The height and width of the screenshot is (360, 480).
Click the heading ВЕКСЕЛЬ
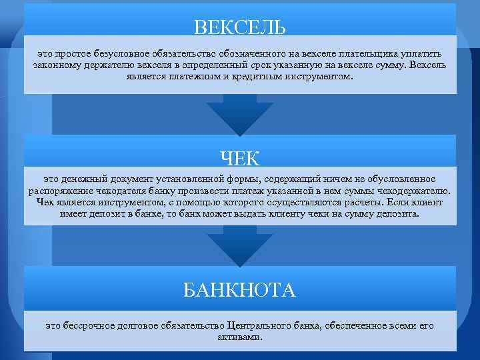pyautogui.click(x=240, y=27)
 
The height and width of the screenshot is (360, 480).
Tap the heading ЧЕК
pyautogui.click(x=240, y=158)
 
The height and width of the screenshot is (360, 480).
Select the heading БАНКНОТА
pyautogui.click(x=240, y=290)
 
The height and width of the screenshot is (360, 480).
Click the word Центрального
pyautogui.click(x=259, y=326)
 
